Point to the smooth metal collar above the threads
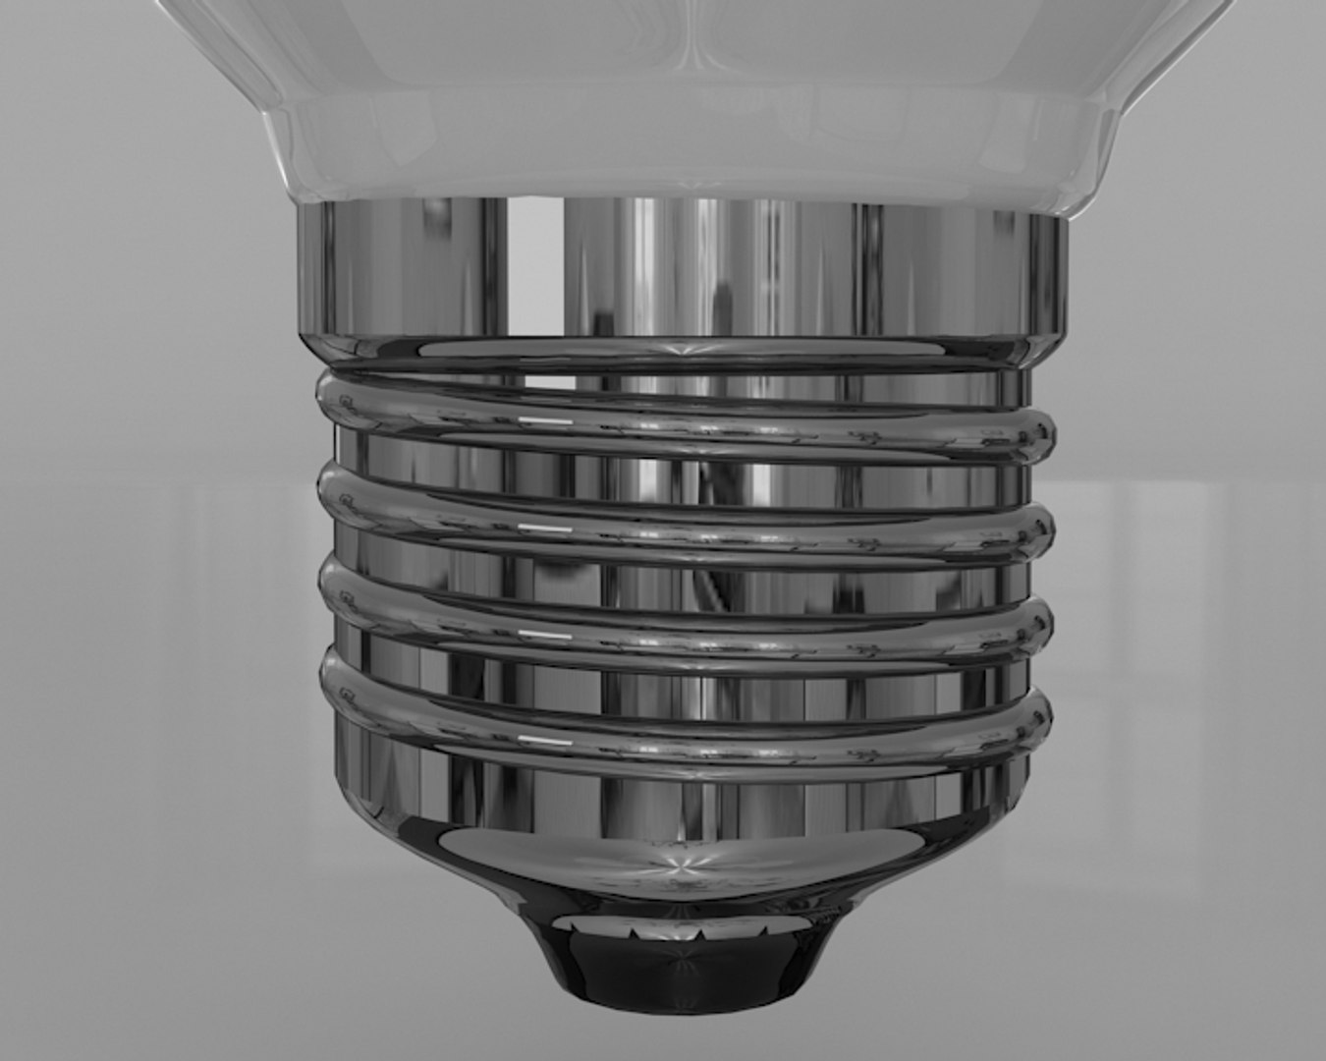pos(678,265)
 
